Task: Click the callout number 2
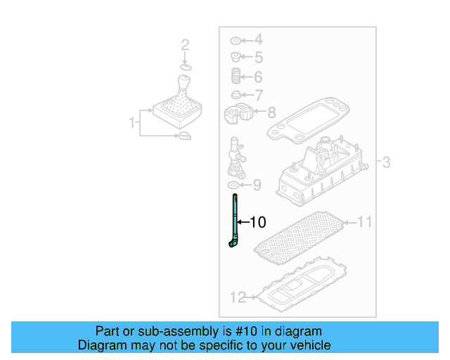pos(185,46)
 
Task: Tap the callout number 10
pos(257,223)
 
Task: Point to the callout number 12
pos(238,297)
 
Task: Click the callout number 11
pos(364,223)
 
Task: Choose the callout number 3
pos(386,163)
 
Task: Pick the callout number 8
pos(271,111)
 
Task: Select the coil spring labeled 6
pos(236,76)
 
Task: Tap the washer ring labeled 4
pos(235,40)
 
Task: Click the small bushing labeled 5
pos(236,57)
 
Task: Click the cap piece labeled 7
pos(236,94)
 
